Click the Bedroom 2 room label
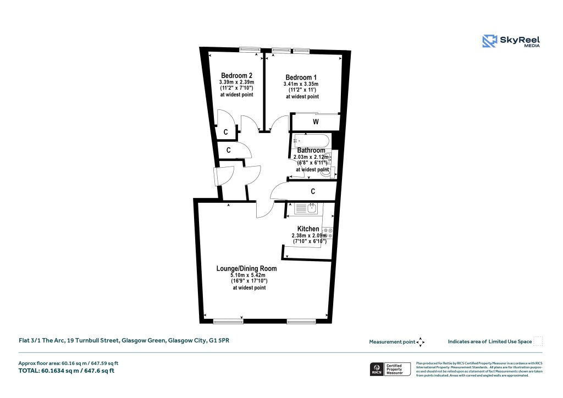tap(236, 75)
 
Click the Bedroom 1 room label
tap(301, 77)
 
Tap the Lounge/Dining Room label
tap(246, 268)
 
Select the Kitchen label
tap(308, 229)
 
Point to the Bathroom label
tap(311, 150)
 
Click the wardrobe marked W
tap(316, 121)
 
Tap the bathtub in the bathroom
tap(311, 140)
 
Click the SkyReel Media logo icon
tap(489, 41)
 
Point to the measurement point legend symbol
tap(421, 341)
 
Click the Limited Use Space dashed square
tap(538, 341)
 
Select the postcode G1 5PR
tap(219, 341)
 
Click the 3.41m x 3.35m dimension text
tap(302, 84)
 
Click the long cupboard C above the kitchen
tap(312, 191)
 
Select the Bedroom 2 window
tap(250, 49)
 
